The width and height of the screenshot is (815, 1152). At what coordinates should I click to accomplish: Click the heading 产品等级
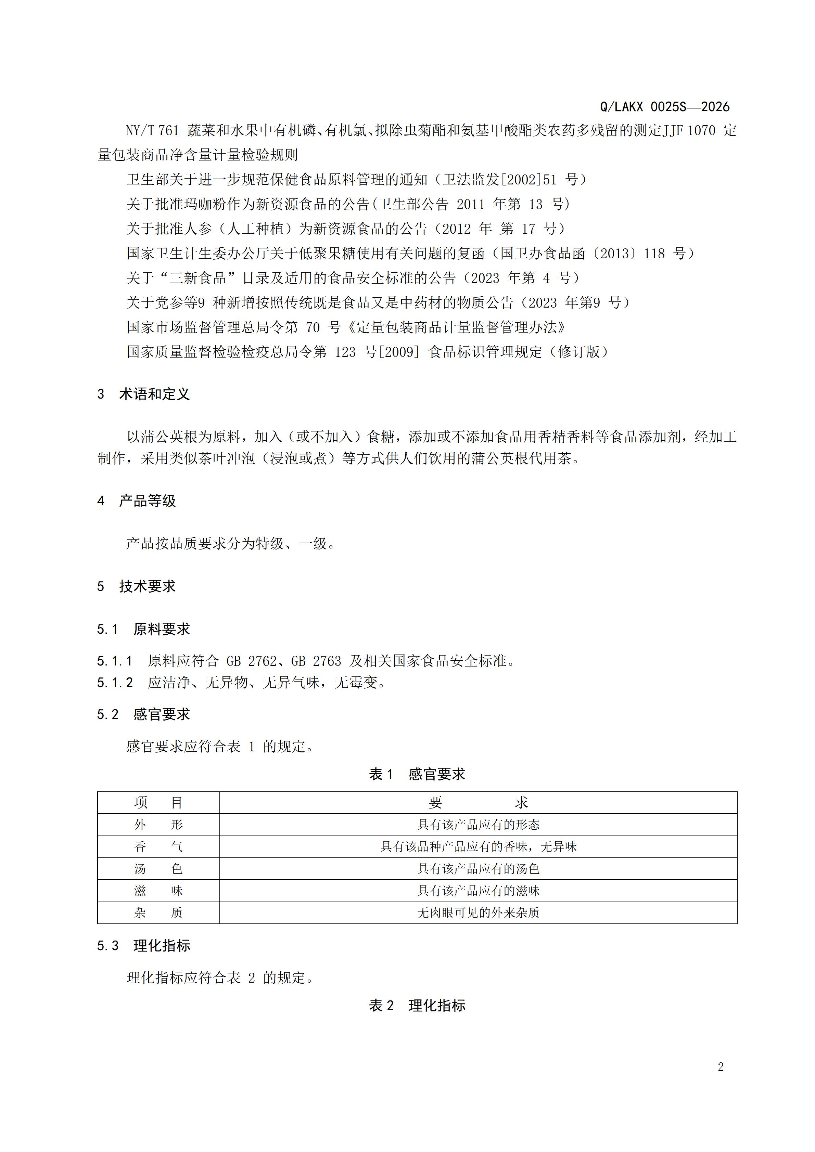click(x=147, y=501)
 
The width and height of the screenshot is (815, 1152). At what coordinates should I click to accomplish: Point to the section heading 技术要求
click(x=147, y=586)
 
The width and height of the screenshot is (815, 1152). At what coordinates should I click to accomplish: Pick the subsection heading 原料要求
click(x=161, y=629)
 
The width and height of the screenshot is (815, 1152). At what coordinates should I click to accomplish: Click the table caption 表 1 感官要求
click(x=417, y=774)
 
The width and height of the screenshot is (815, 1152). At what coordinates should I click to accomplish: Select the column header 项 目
click(x=158, y=803)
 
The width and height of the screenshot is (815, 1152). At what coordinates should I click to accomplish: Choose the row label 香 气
click(x=158, y=847)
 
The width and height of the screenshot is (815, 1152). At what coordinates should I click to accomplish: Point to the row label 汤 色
click(x=158, y=869)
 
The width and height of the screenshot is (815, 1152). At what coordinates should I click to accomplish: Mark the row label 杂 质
click(x=158, y=912)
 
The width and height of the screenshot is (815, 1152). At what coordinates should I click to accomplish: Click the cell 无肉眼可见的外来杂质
click(x=478, y=912)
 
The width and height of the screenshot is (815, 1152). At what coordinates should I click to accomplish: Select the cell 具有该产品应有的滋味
click(x=478, y=891)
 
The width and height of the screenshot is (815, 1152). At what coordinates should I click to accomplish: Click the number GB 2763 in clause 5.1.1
click(x=316, y=661)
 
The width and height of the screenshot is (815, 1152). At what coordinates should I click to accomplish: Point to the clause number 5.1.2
click(x=115, y=683)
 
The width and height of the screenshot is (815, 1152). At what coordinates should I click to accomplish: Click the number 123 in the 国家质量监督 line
click(x=345, y=352)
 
